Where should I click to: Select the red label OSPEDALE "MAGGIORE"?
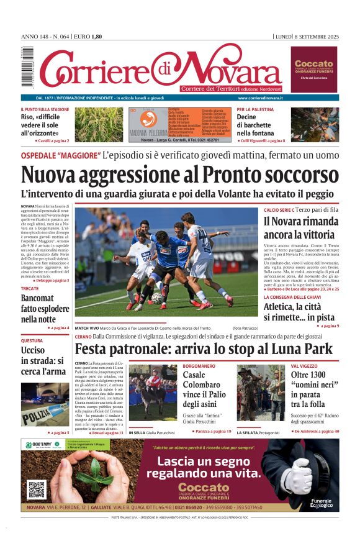point(60,155)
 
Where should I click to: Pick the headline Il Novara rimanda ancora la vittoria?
point(300,227)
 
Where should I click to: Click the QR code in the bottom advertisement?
point(36,489)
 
